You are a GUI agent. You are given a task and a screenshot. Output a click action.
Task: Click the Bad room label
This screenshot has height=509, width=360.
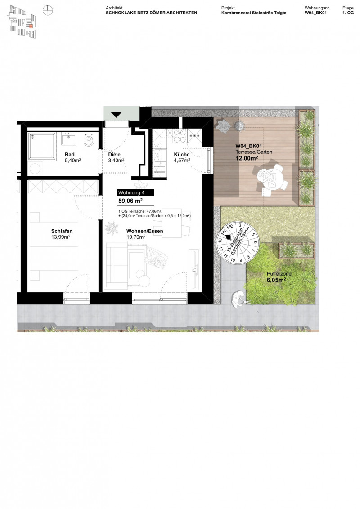coord(69,154)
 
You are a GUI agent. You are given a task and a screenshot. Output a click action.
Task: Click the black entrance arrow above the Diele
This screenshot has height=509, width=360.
coord(116,114)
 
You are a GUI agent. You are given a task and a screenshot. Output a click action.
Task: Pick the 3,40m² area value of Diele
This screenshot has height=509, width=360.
coord(116,160)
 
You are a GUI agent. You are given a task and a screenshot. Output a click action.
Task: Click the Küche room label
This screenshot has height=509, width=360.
coord(182,154)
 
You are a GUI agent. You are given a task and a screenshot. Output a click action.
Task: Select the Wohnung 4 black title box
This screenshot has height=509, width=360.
coord(135,192)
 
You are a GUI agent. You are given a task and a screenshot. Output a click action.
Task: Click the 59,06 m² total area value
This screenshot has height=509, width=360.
coord(130,201)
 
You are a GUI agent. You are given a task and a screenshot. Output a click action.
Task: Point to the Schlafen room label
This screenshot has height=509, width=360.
coord(62,231)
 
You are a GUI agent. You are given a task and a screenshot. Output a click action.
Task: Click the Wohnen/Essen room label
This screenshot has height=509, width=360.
coord(145,231)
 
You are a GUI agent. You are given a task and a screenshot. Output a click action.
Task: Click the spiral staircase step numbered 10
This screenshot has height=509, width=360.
coord(233,259)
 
